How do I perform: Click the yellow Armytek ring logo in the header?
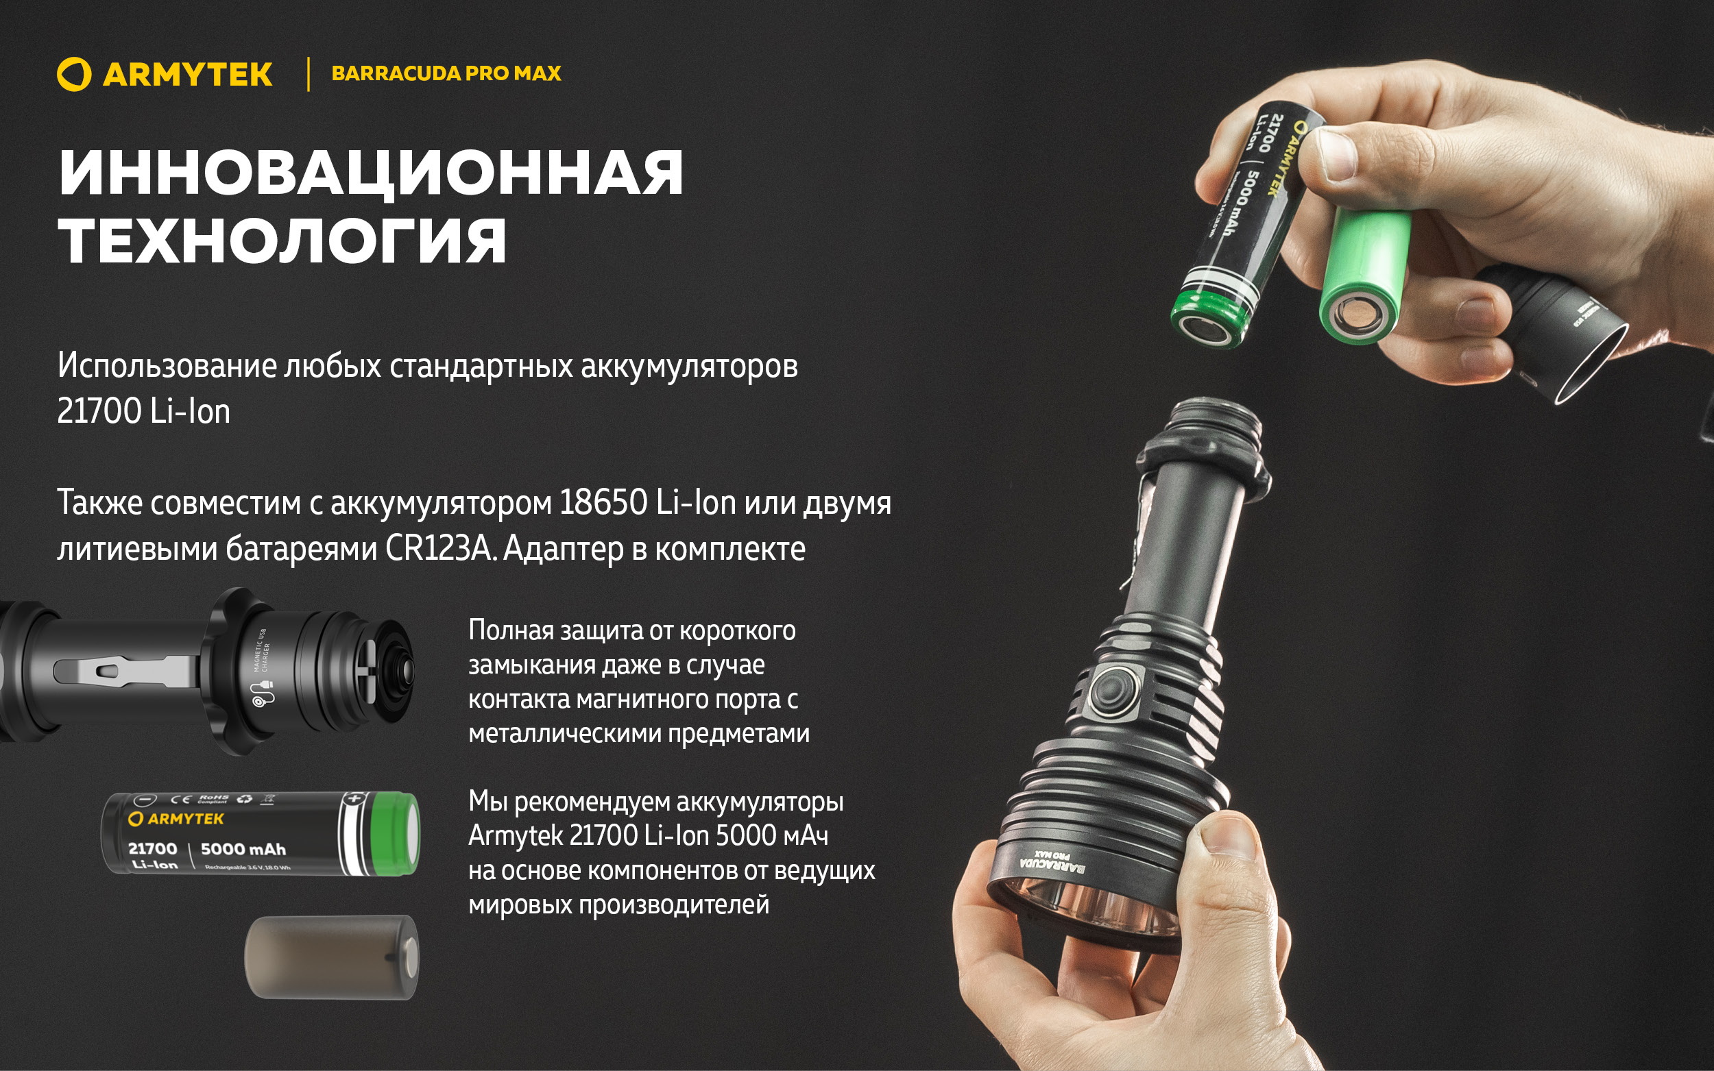73,75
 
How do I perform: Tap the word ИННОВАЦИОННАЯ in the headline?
371,173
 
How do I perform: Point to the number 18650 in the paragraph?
603,503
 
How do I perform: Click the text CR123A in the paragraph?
439,549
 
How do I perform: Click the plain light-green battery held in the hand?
1364,273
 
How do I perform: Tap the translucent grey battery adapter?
332,958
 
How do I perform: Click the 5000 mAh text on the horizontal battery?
243,848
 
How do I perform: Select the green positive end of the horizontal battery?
396,833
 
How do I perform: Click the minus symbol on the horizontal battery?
144,800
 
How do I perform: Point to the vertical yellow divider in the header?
309,75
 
